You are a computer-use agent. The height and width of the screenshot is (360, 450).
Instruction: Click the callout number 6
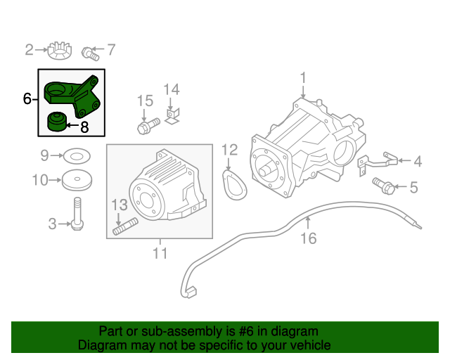(x=27, y=98)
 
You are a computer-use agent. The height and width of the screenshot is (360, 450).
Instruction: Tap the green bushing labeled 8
(x=57, y=122)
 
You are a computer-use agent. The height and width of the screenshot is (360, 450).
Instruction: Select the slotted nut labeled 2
(x=60, y=51)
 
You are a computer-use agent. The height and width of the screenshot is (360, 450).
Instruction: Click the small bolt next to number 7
(x=91, y=53)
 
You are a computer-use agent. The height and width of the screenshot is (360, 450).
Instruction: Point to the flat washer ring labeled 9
(x=77, y=156)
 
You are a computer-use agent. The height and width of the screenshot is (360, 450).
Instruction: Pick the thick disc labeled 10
(x=77, y=180)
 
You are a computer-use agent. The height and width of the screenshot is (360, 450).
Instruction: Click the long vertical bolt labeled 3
(x=77, y=213)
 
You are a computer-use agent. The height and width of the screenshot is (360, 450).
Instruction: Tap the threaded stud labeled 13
(x=125, y=226)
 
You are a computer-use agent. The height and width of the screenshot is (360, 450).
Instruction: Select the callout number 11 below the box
(x=160, y=253)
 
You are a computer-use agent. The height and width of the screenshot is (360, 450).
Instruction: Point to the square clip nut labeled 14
(x=172, y=117)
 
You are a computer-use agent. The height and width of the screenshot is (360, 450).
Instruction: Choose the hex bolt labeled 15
(x=148, y=126)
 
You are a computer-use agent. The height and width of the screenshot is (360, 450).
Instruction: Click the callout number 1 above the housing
(x=303, y=78)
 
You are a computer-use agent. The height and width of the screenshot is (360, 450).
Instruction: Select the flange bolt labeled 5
(x=383, y=186)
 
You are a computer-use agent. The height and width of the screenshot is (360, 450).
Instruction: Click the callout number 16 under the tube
(x=309, y=238)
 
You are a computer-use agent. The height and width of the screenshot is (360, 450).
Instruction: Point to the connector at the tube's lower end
(x=190, y=292)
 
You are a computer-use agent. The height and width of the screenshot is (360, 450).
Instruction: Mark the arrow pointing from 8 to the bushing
(x=72, y=125)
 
